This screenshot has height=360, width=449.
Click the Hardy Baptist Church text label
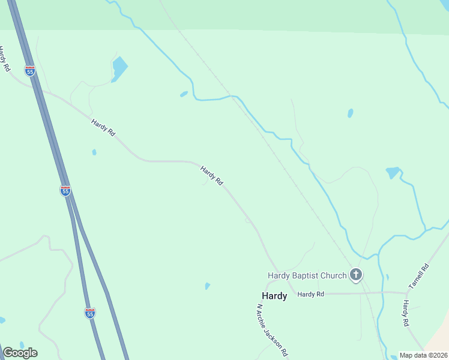point(307,275)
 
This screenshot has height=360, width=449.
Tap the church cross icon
point(356,275)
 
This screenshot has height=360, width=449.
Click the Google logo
point(20,353)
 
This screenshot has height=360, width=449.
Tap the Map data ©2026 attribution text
point(423,355)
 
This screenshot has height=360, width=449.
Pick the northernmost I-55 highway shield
point(30,71)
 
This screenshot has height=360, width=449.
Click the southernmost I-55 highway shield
point(89,313)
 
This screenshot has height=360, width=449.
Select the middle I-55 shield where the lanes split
point(65,190)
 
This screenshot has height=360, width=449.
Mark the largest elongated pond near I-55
point(119,68)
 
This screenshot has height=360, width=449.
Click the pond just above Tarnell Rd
point(393,173)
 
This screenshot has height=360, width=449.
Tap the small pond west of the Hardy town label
point(207,286)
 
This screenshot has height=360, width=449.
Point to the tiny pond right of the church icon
point(387,277)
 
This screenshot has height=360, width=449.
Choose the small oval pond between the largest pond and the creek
point(184,94)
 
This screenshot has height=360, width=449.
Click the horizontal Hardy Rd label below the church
point(310,294)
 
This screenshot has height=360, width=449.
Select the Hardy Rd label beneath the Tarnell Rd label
point(406,313)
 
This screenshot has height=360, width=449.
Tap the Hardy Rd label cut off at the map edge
point(5,59)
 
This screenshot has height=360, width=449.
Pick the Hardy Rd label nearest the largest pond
point(103,127)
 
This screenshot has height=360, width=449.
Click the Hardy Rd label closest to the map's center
point(212,175)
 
